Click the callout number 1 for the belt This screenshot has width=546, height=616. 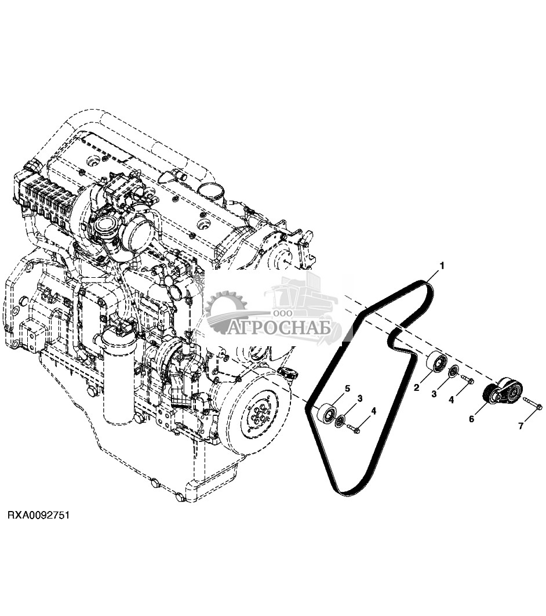click(x=442, y=266)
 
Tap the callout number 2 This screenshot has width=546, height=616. click(x=416, y=387)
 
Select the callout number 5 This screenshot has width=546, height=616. click(x=348, y=388)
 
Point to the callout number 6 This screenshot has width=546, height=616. click(x=471, y=418)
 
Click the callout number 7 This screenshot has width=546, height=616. click(x=520, y=426)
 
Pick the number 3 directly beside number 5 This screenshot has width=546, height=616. click(x=360, y=398)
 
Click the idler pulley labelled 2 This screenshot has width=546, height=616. click(x=435, y=363)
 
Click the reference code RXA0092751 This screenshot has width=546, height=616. click(x=38, y=515)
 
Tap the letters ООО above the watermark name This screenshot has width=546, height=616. click(x=282, y=314)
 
